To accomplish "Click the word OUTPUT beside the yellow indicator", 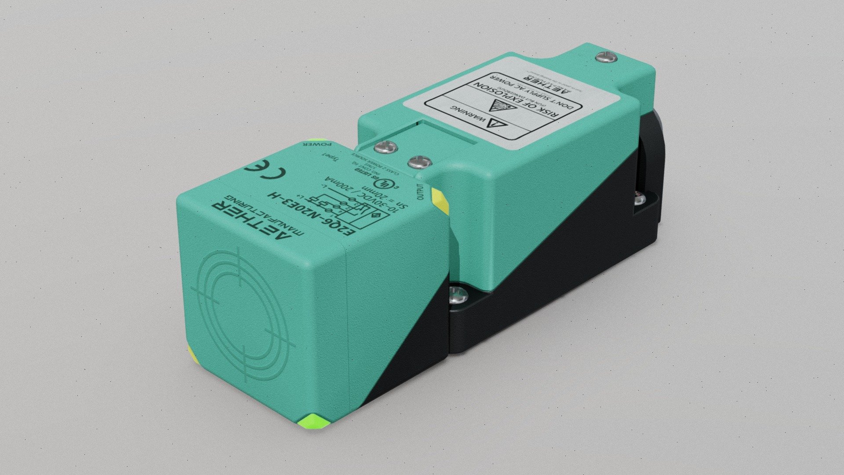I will (420, 192).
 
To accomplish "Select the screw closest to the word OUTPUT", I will (418, 163).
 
